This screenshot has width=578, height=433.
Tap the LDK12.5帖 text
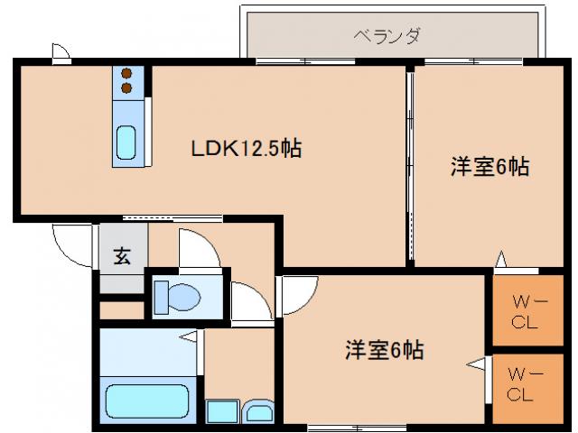coord(245,150)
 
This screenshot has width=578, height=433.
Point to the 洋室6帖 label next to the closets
coord(385,348)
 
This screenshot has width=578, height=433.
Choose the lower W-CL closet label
coord(521,383)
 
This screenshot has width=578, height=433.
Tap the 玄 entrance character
coord(121,255)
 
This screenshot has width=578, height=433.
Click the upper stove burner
coord(126,73)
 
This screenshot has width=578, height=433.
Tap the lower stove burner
coord(126,88)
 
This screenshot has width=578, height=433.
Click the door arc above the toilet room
coord(199,248)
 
